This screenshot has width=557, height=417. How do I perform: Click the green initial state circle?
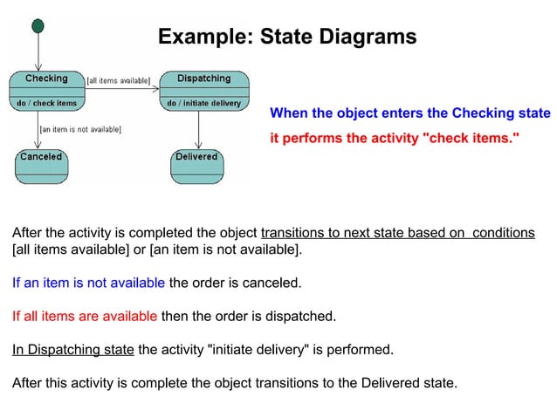tap(38, 26)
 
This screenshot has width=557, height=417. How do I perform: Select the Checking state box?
tap(46, 90)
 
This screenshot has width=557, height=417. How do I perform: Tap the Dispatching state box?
tap(203, 90)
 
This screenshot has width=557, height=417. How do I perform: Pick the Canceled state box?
tap(41, 165)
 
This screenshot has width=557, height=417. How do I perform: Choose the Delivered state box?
tap(196, 165)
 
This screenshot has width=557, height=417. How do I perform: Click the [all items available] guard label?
tap(119, 80)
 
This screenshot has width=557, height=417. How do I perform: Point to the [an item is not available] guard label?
tap(80, 129)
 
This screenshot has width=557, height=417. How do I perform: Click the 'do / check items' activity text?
tap(46, 103)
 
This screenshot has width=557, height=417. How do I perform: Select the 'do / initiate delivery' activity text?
tap(203, 103)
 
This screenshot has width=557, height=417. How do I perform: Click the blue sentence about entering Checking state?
tap(410, 113)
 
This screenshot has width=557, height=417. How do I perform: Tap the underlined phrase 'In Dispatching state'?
tap(72, 350)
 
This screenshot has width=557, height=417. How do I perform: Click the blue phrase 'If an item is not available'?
tap(88, 283)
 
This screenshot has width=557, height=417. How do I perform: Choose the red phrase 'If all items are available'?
tap(85, 316)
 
